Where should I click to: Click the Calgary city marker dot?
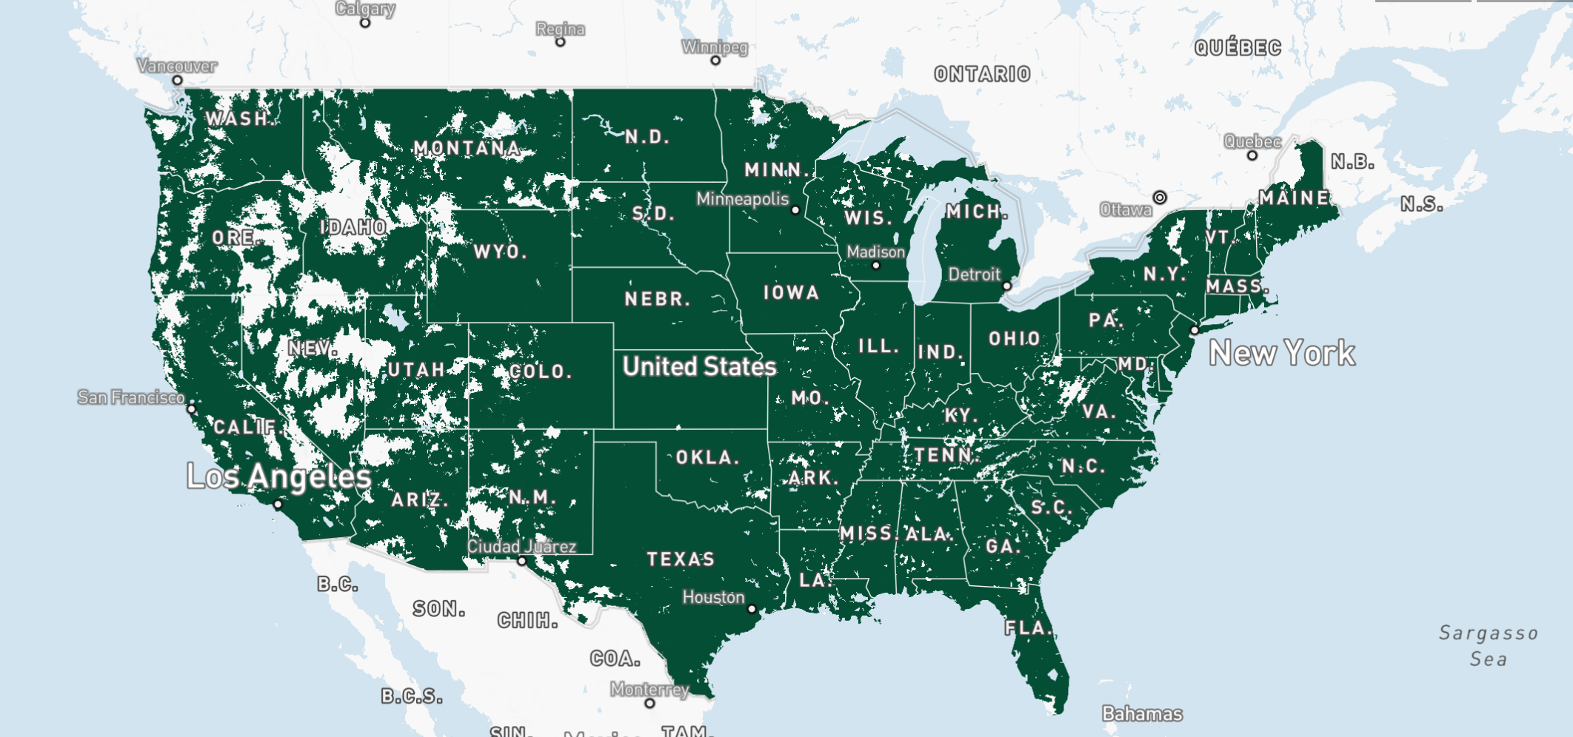(365, 23)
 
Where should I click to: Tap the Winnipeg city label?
(715, 47)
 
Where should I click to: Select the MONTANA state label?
(467, 148)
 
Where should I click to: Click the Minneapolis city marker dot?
(795, 210)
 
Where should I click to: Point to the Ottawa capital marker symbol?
(1160, 198)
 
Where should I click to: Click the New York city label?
(1282, 353)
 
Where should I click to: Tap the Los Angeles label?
(278, 477)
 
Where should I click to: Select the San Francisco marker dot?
(191, 408)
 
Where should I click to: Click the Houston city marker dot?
(752, 609)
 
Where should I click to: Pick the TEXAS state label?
(681, 559)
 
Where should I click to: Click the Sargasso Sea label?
(1489, 646)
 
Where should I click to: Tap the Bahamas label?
(1142, 713)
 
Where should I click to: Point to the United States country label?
(699, 366)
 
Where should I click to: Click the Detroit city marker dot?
(1006, 286)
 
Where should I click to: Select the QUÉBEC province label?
(1238, 48)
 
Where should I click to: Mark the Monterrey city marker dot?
(649, 703)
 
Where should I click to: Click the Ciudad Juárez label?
(521, 547)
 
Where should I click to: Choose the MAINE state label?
(1294, 198)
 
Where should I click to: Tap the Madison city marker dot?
(875, 265)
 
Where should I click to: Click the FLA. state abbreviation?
(1027, 628)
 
